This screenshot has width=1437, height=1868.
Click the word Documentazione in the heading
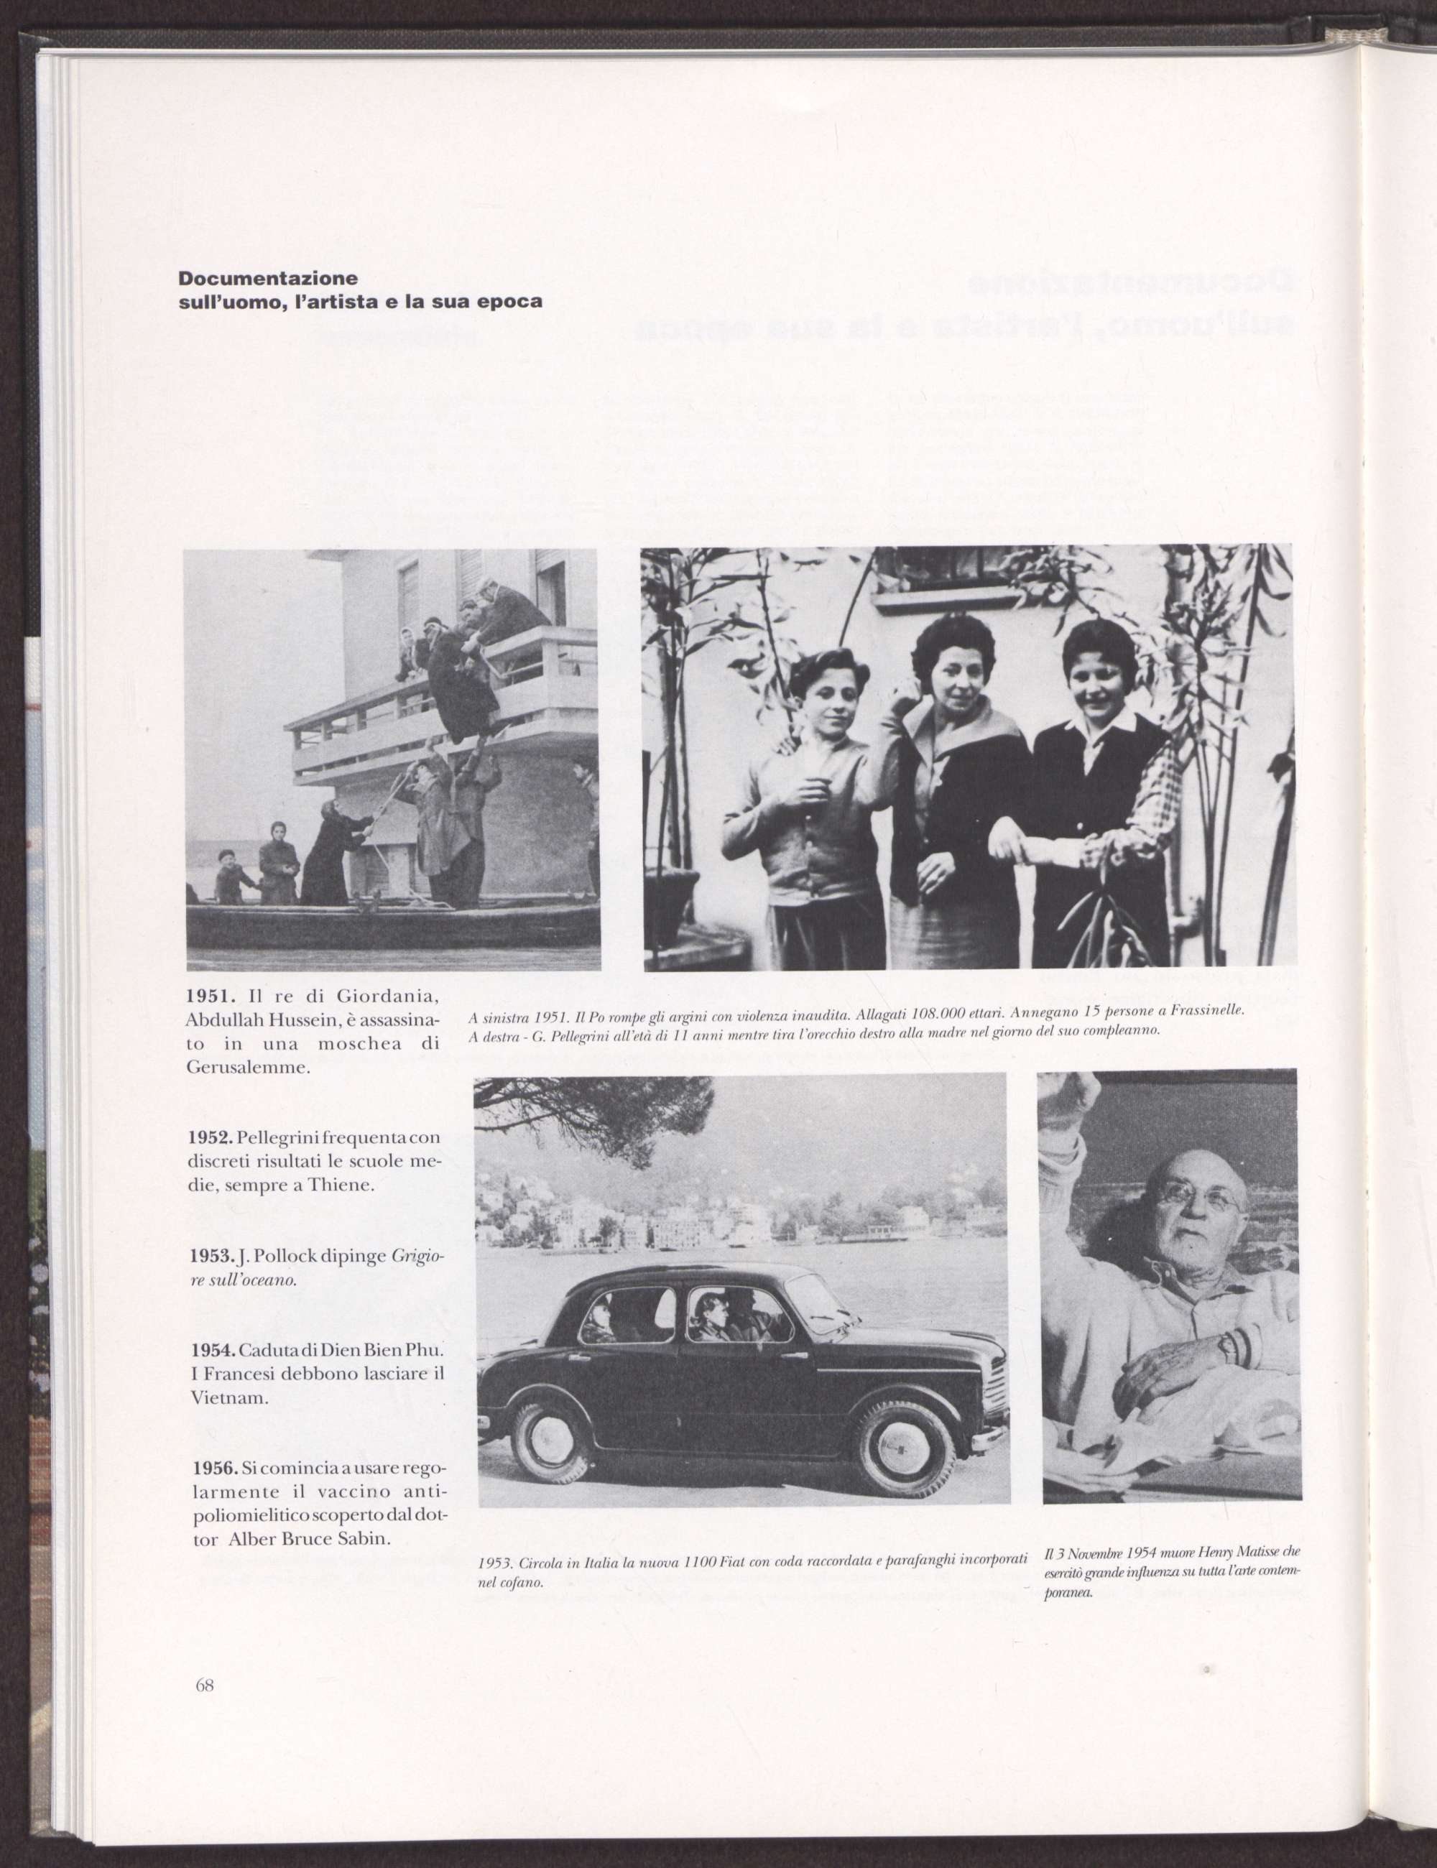[x=268, y=279]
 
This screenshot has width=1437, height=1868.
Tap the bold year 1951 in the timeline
[x=211, y=997]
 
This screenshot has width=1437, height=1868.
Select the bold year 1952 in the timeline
[x=211, y=1139]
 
